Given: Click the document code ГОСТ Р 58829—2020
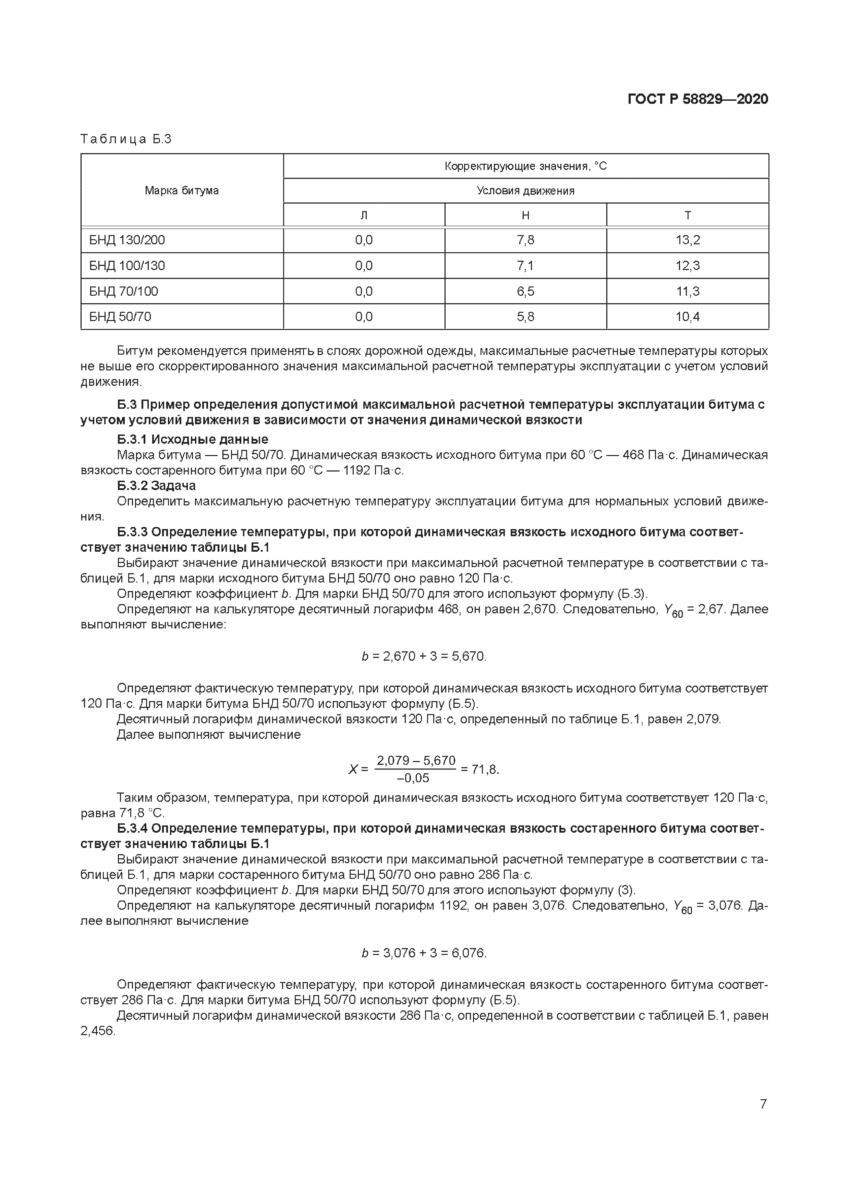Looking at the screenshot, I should tap(697, 99).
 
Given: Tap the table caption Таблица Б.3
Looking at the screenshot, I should tap(126, 139).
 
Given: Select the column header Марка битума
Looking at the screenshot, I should tap(182, 191).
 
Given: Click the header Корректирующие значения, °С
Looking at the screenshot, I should tap(525, 166).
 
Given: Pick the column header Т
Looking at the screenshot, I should tap(687, 215).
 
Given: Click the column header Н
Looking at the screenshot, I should tap(525, 215).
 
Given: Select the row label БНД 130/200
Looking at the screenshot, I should tap(127, 240).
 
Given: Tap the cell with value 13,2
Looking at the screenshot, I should tap(687, 240).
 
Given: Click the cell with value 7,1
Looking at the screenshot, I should tap(525, 266).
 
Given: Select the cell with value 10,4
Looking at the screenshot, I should tap(687, 317).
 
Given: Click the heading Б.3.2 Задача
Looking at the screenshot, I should tap(156, 485).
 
